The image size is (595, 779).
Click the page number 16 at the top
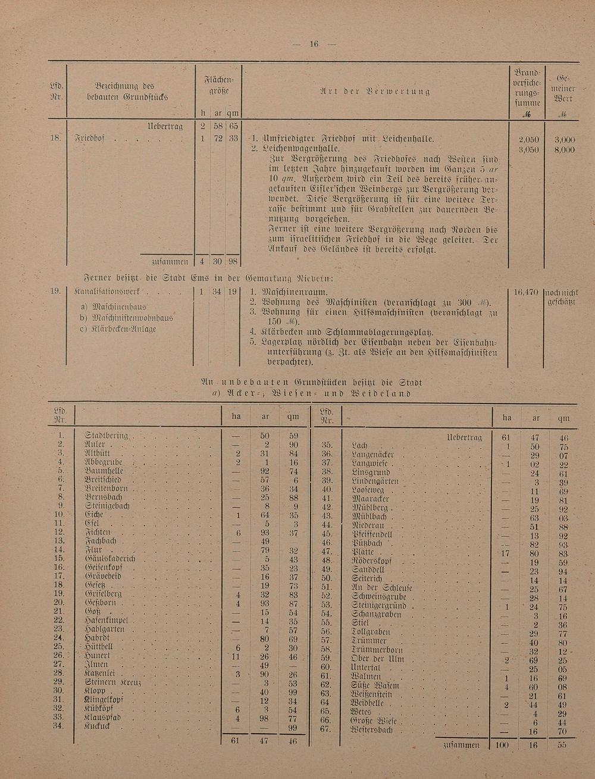click(314, 43)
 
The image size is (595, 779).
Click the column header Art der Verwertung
click(375, 91)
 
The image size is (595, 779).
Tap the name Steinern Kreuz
click(114, 681)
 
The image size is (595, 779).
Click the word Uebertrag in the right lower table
click(464, 437)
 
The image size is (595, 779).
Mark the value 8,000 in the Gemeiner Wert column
click(563, 150)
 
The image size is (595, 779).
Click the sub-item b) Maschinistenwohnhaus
click(127, 318)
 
